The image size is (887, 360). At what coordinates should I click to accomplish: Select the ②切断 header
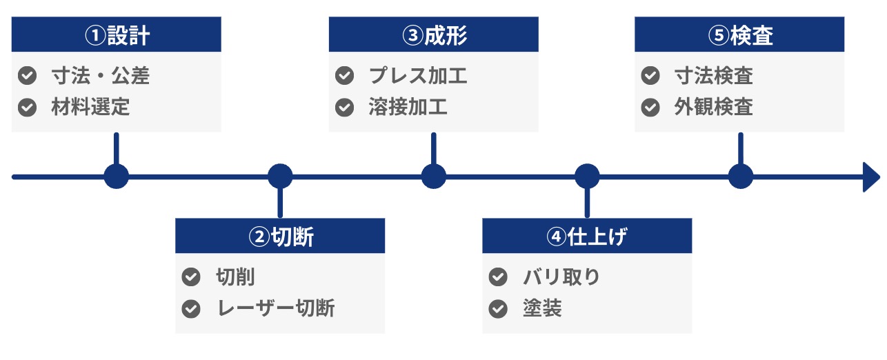280,236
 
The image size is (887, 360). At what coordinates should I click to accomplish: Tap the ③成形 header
434,34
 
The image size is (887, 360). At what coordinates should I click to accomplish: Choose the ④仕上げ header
587,236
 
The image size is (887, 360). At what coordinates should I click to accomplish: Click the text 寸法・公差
101,76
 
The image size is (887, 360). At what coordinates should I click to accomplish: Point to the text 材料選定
90,107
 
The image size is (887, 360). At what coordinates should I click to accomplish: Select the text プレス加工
418,76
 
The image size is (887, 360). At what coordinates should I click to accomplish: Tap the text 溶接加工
408,107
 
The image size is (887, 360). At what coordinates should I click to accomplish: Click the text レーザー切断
276,308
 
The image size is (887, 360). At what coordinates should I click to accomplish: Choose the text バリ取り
561,277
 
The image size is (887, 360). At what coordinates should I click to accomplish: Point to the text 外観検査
714,107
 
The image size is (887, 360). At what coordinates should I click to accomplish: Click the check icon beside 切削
191,277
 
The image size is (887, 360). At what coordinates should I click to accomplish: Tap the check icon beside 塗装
498,309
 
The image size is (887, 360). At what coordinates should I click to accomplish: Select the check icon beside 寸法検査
650,76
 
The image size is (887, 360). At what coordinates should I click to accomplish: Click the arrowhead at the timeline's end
872,177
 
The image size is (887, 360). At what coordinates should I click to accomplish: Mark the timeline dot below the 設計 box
117,177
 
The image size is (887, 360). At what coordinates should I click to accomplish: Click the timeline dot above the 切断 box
280,177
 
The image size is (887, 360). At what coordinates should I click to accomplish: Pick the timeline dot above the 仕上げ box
587,177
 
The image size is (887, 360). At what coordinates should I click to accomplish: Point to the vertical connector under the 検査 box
741,148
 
